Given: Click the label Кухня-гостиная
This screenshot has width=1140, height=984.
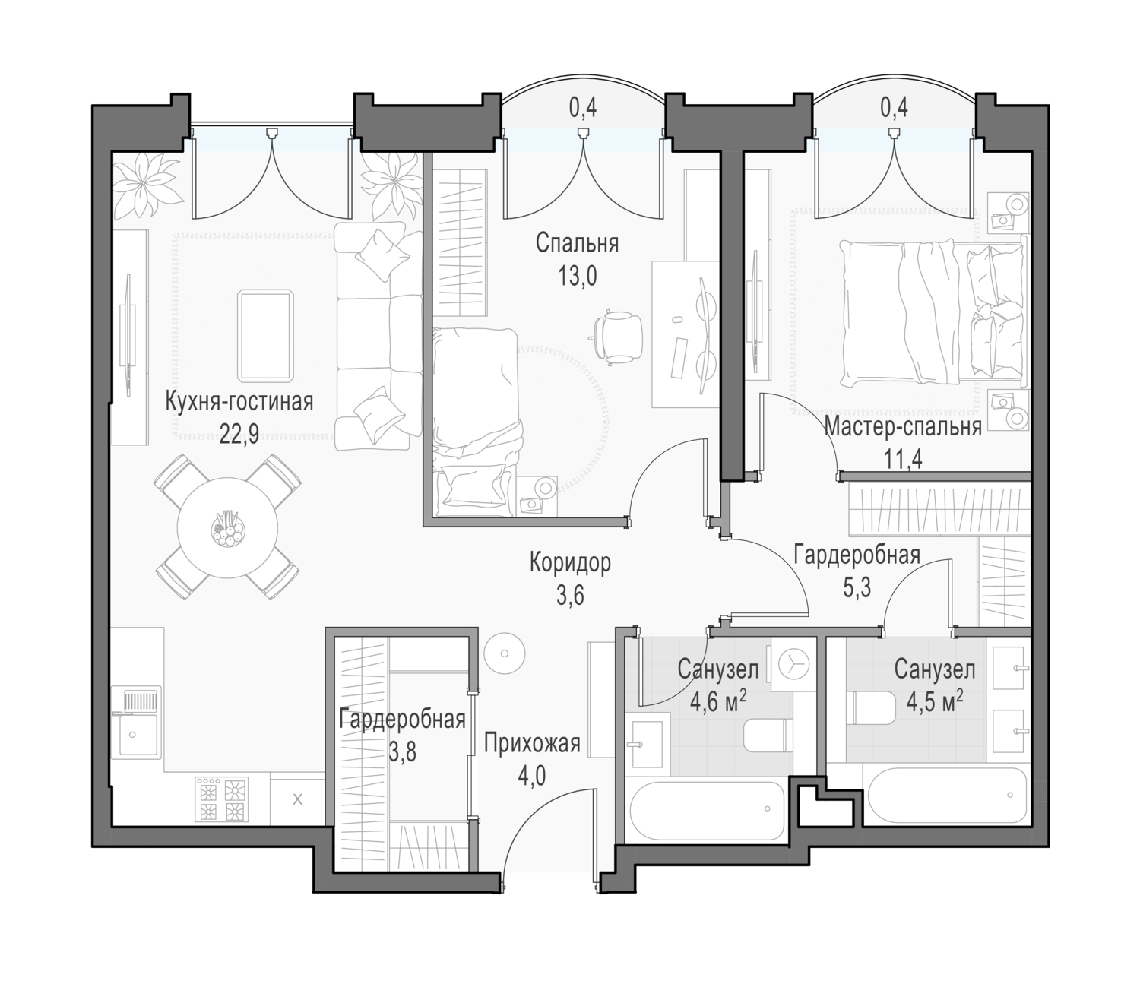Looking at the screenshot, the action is tap(239, 401).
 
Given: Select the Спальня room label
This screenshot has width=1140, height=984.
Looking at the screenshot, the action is tap(577, 244).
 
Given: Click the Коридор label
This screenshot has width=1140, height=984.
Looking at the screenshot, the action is tap(570, 563).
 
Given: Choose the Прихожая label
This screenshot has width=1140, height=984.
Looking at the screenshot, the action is tap(532, 744).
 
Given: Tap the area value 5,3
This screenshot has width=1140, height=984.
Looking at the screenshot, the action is tap(857, 588).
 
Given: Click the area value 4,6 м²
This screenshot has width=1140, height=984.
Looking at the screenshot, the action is tap(719, 703).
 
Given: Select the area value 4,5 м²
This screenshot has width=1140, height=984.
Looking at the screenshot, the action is tap(935, 703).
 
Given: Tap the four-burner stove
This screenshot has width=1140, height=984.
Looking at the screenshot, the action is tap(222, 799).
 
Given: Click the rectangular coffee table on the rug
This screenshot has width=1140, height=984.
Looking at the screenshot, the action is tap(265, 336).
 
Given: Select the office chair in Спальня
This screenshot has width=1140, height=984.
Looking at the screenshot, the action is tap(617, 337).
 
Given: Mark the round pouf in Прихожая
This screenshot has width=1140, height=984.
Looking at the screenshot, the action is tap(504, 653).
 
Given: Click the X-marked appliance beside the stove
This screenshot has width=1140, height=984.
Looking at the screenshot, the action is tap(297, 799).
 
